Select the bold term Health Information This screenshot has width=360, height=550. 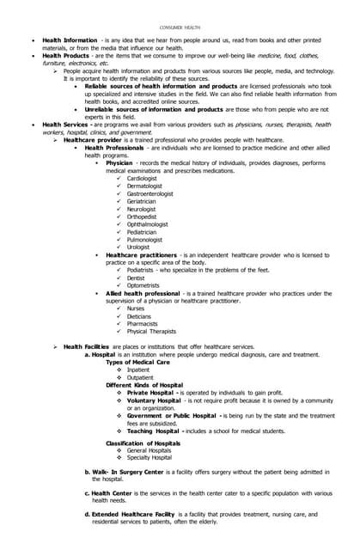point(70,40)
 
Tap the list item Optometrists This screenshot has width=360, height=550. point(143,285)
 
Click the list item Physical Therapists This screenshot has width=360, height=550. point(151,331)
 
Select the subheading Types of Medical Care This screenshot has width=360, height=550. point(137,362)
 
